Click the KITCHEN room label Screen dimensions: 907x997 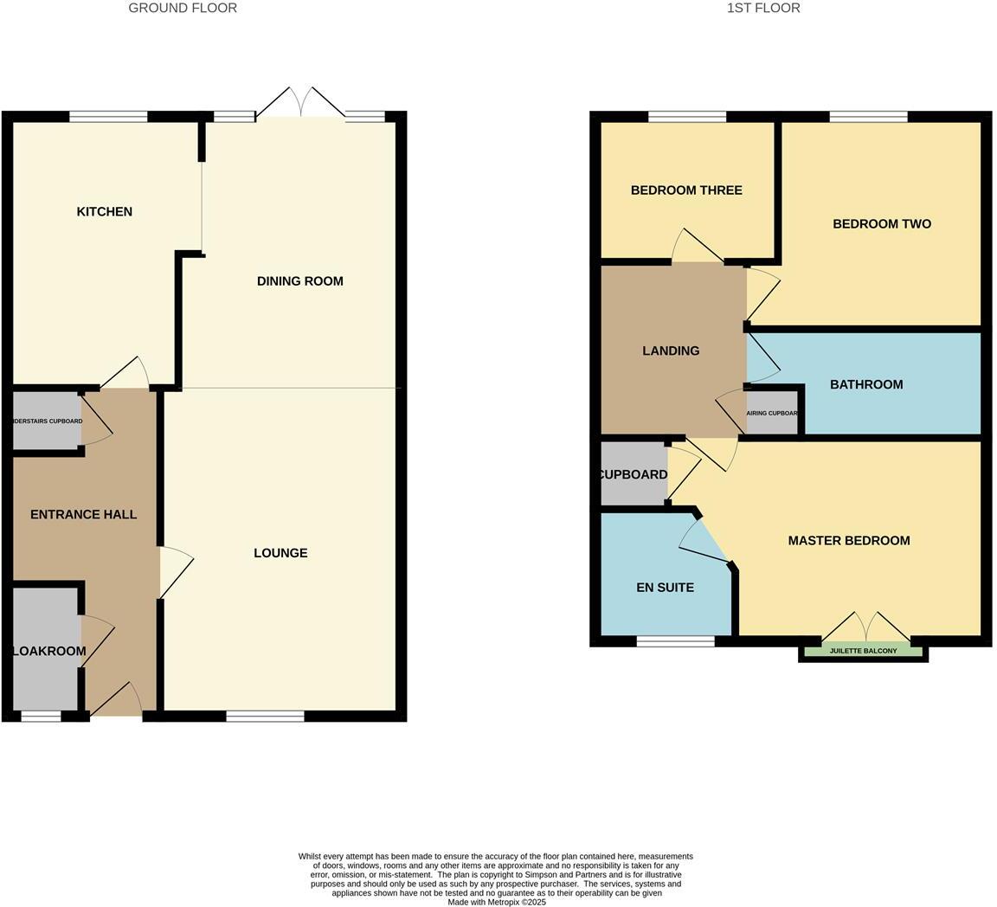pos(105,212)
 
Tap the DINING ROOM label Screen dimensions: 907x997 pos(300,281)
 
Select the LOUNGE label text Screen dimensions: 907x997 pos(280,553)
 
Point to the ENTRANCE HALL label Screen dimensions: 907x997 pos(83,514)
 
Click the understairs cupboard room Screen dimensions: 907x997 pos(47,421)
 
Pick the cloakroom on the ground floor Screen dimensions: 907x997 pos(47,651)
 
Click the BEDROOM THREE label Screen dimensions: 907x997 pos(686,190)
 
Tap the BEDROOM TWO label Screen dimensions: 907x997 pos(882,224)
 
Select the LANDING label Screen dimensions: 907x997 pos(671,351)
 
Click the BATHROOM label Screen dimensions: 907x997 pos(866,384)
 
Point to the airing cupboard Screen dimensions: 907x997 pos(772,414)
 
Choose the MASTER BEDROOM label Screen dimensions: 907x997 pos(849,541)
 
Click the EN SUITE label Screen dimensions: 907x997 pos(665,588)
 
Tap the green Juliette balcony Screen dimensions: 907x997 pos(863,651)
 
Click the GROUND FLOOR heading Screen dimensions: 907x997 pos(183,8)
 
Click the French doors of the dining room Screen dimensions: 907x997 pos(300,103)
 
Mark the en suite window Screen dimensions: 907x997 pos(675,641)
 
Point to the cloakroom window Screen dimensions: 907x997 pos(41,716)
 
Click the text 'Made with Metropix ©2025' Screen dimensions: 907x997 pos(497,902)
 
